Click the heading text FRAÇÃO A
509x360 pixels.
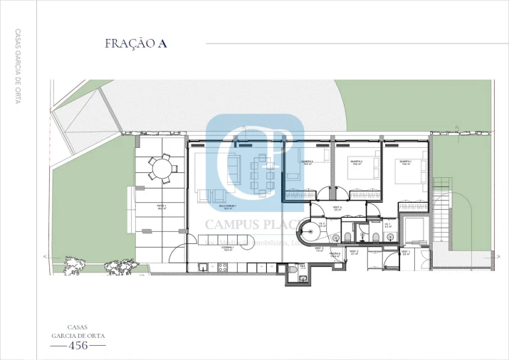135,43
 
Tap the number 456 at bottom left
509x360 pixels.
78,346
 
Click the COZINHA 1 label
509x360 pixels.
229,250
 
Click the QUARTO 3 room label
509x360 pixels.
307,162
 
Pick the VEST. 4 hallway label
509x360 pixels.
337,208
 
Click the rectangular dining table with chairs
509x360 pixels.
261,175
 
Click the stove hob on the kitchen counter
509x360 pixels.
222,268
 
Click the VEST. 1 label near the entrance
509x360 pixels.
405,251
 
